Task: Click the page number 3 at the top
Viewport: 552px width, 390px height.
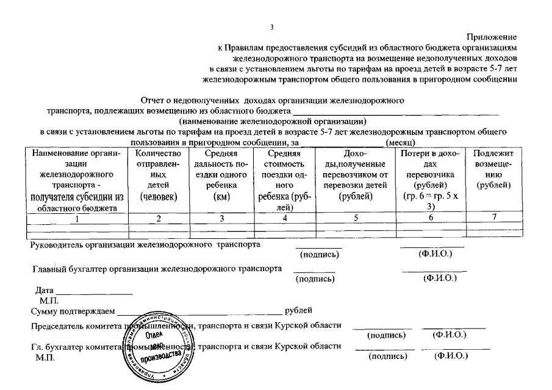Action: [x=273, y=26]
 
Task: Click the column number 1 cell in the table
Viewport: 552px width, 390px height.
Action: [x=76, y=219]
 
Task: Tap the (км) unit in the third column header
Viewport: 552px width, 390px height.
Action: [x=221, y=196]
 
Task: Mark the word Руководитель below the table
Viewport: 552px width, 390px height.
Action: [x=57, y=245]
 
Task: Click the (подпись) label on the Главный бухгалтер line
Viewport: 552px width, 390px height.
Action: [x=315, y=279]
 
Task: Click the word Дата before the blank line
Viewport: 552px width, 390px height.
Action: [x=45, y=291]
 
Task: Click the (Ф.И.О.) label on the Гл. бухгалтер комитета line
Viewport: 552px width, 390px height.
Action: [x=451, y=356]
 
